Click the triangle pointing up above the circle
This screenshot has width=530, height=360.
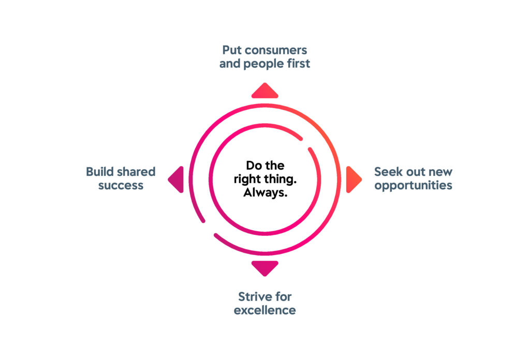click(264, 92)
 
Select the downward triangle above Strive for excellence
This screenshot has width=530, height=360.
click(264, 267)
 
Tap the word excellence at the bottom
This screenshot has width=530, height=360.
click(264, 310)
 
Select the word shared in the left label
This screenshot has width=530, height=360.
click(137, 171)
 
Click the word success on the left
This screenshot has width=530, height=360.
click(120, 185)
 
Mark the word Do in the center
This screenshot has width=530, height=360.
click(252, 166)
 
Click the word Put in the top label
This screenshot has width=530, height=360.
click(231, 50)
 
